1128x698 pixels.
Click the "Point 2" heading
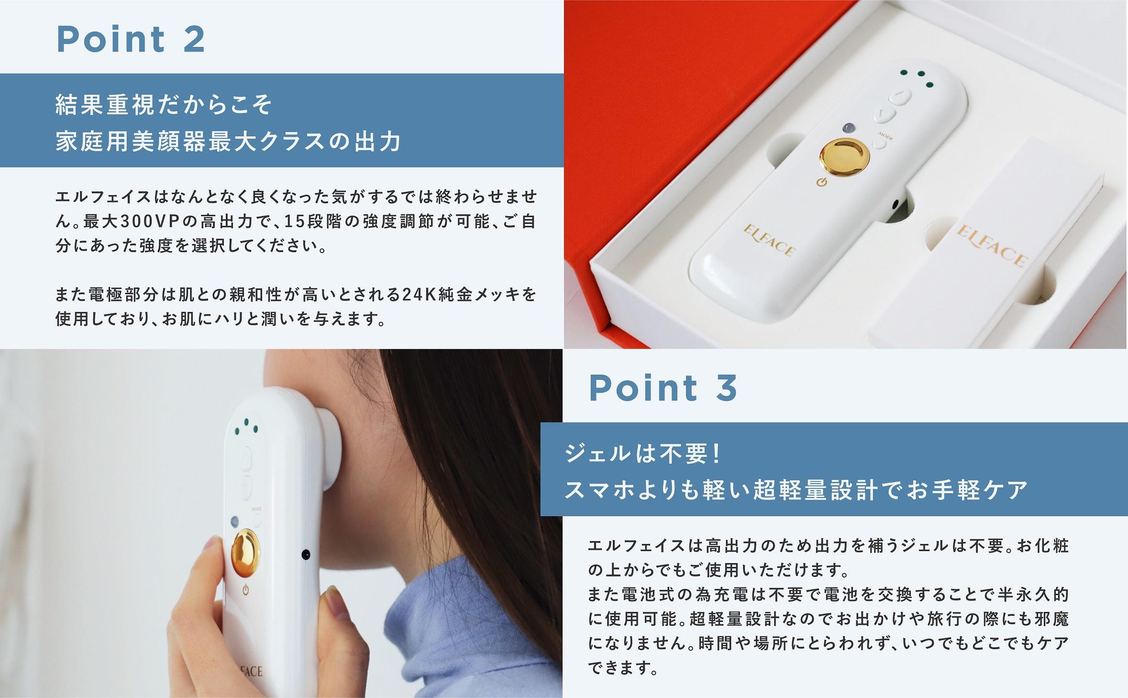[x=131, y=39]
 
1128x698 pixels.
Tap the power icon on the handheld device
[x=245, y=590]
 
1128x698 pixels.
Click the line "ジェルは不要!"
[x=642, y=454]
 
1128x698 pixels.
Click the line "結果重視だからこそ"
[x=164, y=105]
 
